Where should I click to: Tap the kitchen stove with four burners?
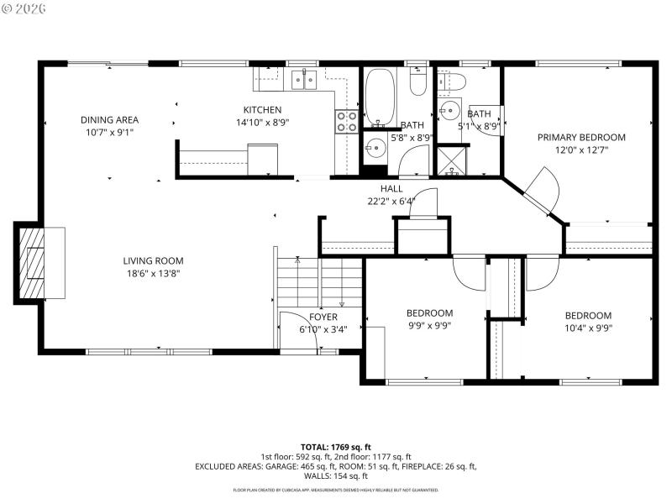[346, 122]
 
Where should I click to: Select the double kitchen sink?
[303, 81]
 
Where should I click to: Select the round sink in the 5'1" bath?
[450, 109]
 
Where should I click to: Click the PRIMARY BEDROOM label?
[581, 137]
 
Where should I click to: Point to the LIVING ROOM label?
[153, 260]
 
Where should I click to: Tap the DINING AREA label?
[109, 119]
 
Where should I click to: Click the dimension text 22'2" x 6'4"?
[391, 201]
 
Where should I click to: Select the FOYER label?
[323, 317]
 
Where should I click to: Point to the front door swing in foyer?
[294, 329]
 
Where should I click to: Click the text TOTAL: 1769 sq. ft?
[335, 447]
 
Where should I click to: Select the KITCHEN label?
[262, 109]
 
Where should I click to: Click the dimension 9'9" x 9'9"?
[429, 326]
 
